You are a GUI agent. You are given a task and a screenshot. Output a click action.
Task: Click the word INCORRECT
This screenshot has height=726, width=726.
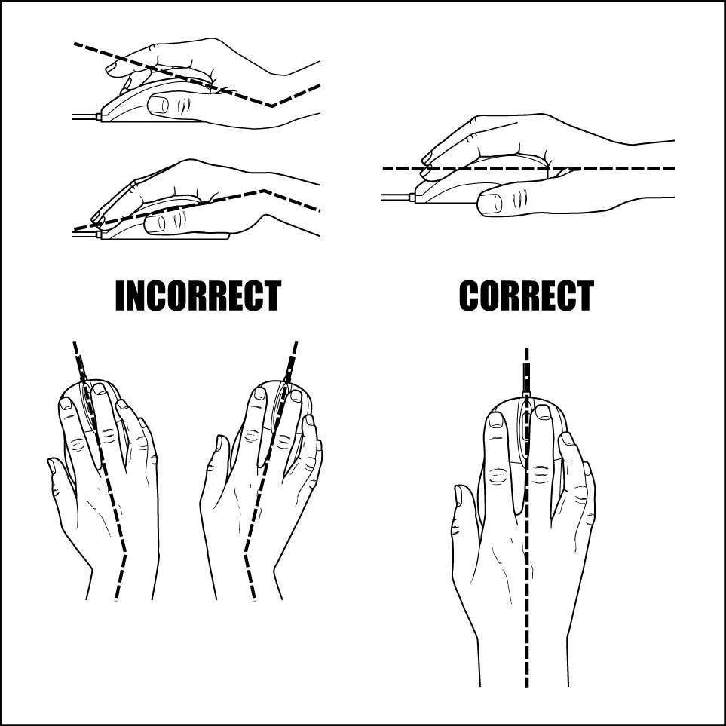tap(198, 296)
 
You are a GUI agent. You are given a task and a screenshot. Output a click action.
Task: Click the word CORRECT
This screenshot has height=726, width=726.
tap(526, 296)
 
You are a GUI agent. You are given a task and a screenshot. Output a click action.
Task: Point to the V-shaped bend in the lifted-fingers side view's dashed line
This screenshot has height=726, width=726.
tap(272, 106)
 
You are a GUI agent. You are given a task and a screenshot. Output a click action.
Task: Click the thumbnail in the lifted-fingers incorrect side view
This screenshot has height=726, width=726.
tap(159, 105)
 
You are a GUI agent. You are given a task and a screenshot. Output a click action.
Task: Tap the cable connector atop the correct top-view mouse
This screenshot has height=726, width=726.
tap(526, 394)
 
